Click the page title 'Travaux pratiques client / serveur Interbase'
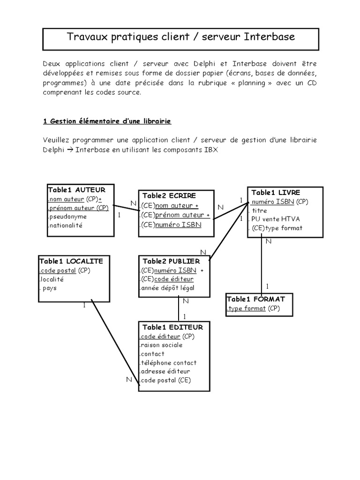click(180, 37)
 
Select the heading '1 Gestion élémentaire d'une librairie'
click(107, 121)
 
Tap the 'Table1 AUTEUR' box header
click(77, 190)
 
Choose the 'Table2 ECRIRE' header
click(169, 195)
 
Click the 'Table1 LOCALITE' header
click(71, 261)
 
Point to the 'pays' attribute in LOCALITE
click(49, 288)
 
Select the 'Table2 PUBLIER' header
click(171, 261)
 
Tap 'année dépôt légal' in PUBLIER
click(167, 288)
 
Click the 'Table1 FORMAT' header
click(256, 299)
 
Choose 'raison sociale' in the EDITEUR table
click(162, 345)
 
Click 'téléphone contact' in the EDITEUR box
click(168, 362)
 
